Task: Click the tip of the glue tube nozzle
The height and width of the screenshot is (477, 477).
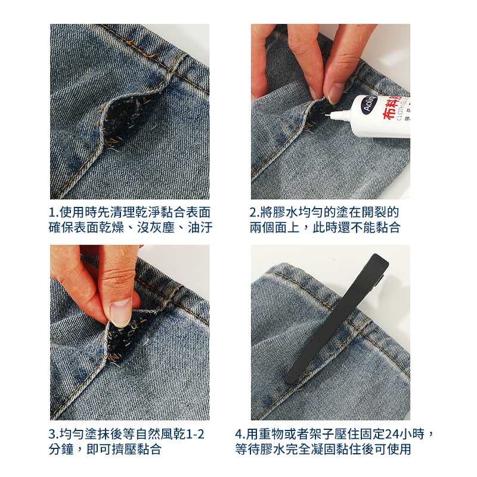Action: pos(325,115)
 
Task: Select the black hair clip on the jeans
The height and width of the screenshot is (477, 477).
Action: pos(337,318)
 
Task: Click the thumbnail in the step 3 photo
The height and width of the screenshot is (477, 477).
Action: pos(121,312)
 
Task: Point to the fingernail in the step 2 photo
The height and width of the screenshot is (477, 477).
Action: pos(336,92)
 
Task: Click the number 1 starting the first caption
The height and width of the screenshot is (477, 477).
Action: pos(52,213)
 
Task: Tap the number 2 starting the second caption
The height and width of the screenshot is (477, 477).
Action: pos(253,213)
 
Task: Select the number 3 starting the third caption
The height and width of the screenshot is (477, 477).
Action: pos(52,434)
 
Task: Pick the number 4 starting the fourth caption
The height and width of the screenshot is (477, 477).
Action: pos(239,434)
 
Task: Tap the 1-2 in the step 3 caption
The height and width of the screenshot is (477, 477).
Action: pos(193,434)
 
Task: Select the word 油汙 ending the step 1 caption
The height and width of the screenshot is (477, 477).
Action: pos(200,228)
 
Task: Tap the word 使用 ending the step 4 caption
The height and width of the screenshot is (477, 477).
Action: pos(398,450)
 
